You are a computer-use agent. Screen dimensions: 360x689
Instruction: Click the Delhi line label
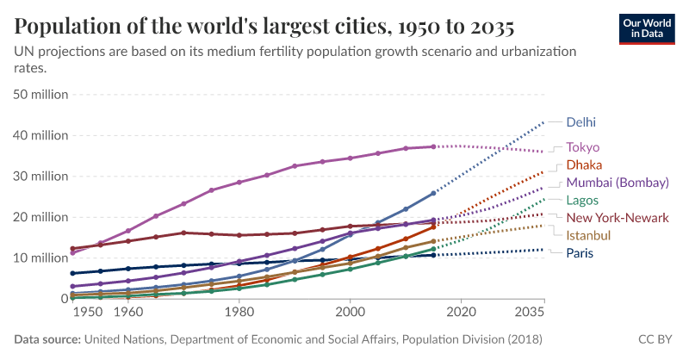tap(580, 122)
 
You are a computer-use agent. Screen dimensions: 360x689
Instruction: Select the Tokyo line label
tap(582, 147)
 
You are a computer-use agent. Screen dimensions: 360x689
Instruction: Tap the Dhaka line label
tap(583, 164)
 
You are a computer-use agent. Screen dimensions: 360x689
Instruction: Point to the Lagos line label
tap(583, 200)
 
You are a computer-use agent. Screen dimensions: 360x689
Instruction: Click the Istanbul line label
tap(588, 235)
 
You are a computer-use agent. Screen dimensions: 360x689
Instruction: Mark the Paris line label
tap(580, 253)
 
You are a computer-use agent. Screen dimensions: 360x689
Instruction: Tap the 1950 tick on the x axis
tap(86, 311)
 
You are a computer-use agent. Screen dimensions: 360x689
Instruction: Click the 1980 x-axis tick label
tap(239, 311)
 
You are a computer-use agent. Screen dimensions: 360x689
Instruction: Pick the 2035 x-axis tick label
tap(530, 311)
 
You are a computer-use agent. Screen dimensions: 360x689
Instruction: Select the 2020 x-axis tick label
tap(462, 311)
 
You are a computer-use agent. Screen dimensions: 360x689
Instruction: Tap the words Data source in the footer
tap(46, 340)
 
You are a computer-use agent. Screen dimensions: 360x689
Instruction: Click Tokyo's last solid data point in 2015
tap(433, 146)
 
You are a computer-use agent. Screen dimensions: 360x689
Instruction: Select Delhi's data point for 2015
tap(433, 193)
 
